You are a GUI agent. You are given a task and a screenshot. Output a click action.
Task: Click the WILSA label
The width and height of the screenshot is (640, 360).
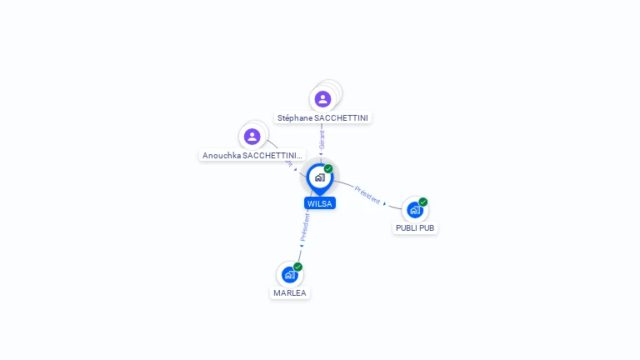319,203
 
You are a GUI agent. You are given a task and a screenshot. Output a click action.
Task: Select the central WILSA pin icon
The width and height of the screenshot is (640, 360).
319,177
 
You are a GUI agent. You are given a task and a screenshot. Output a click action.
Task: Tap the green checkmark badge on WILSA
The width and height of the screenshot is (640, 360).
328,169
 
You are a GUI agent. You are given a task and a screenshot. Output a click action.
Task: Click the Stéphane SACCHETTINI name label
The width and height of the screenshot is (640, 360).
322,118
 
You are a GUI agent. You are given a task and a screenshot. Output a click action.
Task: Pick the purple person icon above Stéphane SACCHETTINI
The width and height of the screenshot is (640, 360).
322,99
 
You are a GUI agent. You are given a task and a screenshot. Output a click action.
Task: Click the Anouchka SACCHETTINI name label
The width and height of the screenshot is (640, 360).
252,156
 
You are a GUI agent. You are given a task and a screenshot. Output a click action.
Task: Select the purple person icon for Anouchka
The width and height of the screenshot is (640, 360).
252,136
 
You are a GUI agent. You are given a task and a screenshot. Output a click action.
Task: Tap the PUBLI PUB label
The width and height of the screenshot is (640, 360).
415,228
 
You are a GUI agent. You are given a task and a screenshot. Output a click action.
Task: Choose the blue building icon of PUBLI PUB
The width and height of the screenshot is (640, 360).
415,210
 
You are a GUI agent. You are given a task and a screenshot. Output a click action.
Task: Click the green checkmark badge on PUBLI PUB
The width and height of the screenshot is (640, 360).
423,202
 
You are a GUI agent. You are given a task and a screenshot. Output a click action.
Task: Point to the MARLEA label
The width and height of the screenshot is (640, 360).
290,293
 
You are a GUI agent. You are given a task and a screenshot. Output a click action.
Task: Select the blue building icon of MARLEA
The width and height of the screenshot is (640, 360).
289,274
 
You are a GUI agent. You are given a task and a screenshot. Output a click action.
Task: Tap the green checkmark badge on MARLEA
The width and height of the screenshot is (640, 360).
297,267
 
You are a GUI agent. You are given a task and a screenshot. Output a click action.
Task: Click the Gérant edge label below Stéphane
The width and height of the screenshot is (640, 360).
322,139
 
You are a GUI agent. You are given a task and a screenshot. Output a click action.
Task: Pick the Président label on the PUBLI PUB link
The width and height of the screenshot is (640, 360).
367,195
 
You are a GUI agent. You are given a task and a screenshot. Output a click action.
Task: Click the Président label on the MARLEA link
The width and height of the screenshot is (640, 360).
306,227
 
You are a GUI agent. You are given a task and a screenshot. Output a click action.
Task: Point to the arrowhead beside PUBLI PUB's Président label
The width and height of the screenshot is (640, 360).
385,203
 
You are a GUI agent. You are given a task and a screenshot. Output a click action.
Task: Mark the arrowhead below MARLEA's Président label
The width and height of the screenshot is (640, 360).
302,246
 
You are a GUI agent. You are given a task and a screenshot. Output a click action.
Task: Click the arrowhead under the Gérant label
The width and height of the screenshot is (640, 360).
321,153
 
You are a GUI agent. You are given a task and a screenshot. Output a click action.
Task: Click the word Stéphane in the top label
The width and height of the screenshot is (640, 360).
295,118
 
